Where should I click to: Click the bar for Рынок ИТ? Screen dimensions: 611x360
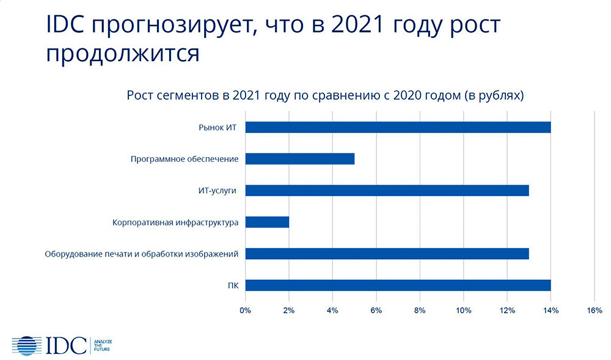click(398, 127)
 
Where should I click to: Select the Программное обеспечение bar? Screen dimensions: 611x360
click(300, 159)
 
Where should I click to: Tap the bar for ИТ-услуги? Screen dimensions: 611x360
click(387, 191)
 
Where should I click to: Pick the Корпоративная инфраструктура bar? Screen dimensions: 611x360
click(268, 222)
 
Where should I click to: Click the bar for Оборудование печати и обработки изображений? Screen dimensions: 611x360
click(387, 254)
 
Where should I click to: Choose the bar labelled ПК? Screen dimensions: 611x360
click(398, 285)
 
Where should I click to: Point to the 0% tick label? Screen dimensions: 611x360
click(245, 310)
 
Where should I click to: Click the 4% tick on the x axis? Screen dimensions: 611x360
click(332, 310)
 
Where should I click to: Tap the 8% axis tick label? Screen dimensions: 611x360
click(420, 310)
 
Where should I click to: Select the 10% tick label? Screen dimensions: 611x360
click(463, 310)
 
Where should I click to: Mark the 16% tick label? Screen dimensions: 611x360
click(595, 310)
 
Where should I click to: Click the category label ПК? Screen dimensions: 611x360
click(233, 285)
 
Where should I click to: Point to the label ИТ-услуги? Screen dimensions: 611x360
click(218, 191)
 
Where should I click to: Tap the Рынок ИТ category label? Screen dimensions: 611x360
click(218, 128)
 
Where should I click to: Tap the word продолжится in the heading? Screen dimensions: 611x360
click(123, 53)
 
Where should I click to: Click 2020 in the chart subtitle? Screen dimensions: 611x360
click(407, 95)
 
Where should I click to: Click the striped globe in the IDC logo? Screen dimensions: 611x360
click(27, 345)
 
